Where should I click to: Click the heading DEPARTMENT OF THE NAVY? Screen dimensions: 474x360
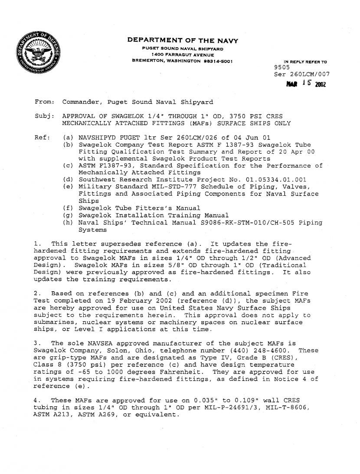tap(182, 40)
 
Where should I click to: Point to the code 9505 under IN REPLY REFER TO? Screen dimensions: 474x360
tap(282, 68)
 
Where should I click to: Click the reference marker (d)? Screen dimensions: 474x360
tap(68, 179)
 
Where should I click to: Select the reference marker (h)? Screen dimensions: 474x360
tap(68, 223)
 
